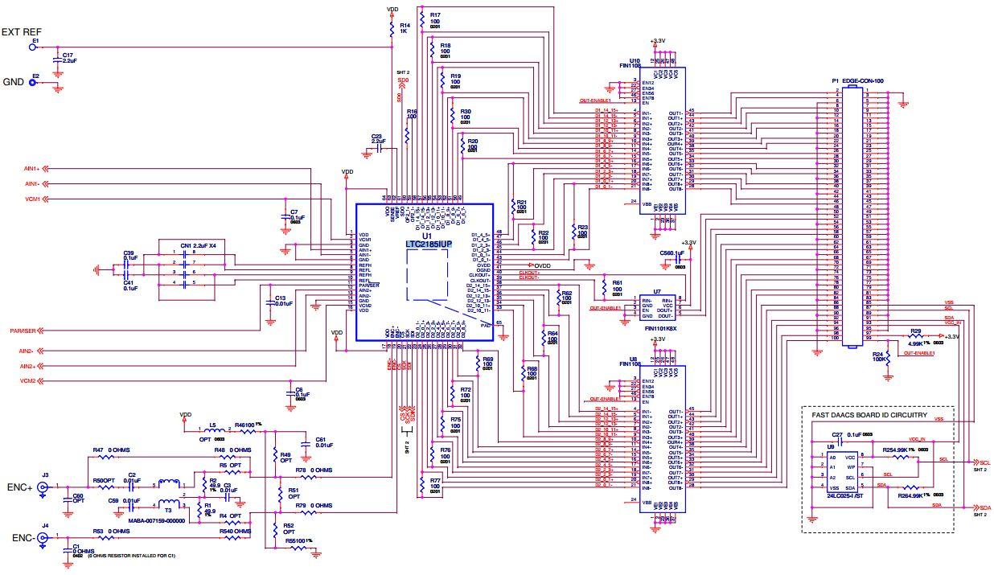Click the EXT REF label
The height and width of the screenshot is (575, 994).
(x=21, y=32)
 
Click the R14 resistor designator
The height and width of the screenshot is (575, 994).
(x=405, y=25)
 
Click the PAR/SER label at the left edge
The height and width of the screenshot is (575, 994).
(x=23, y=330)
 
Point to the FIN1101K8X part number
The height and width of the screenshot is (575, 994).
(x=659, y=329)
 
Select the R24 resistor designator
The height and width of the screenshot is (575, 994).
(x=877, y=354)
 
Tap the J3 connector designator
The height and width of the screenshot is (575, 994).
(x=46, y=474)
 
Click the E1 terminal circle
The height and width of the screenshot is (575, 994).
(x=33, y=47)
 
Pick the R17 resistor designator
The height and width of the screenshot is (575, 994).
(x=435, y=14)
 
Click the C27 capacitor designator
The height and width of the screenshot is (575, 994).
(x=837, y=435)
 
